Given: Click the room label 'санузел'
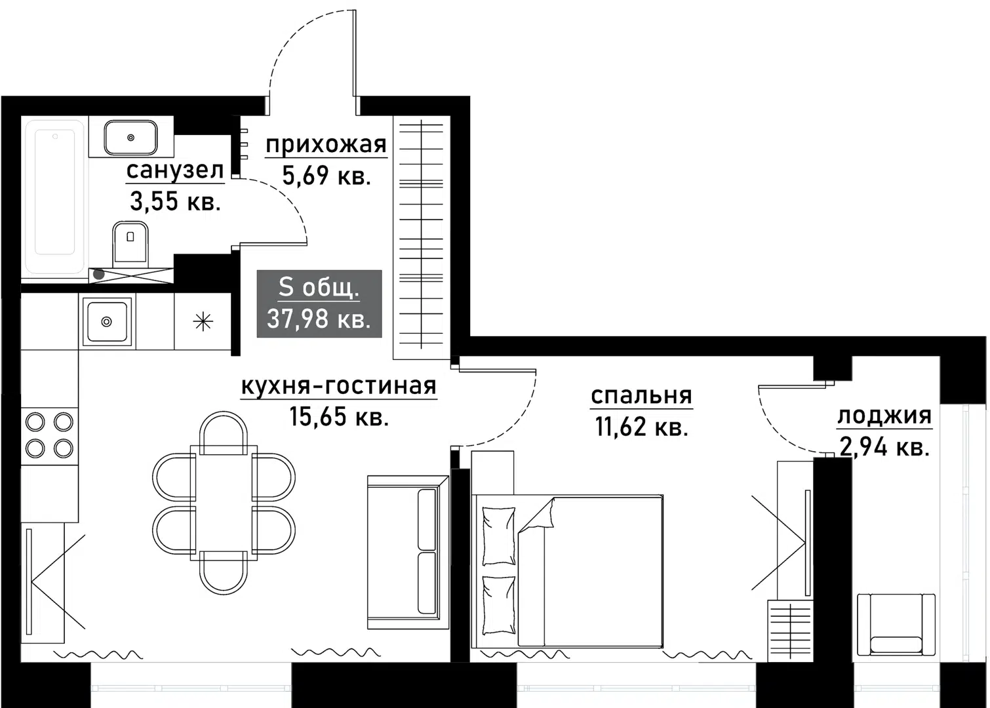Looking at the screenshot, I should [x=175, y=170].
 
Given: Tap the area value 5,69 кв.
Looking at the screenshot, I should [x=327, y=176].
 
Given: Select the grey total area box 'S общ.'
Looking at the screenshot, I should [x=319, y=304].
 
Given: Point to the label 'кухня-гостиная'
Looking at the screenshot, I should [x=338, y=386].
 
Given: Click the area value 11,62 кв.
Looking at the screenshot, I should [x=641, y=427].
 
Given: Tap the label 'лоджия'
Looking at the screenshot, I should [x=884, y=415].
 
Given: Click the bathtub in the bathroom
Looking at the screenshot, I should [x=54, y=195].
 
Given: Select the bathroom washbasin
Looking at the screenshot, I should [x=130, y=137].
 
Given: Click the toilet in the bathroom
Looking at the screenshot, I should [x=130, y=243].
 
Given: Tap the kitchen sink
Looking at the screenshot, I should [x=107, y=321].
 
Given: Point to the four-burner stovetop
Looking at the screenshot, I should [x=49, y=435].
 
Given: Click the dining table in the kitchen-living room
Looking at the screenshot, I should [x=224, y=503].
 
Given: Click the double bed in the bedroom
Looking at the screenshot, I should [x=568, y=570].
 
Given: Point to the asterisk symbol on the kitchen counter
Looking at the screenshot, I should [x=203, y=321].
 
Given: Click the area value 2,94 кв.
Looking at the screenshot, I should [x=884, y=447].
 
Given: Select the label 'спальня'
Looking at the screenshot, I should [x=641, y=395].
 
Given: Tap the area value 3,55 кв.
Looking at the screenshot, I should [x=175, y=202].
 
